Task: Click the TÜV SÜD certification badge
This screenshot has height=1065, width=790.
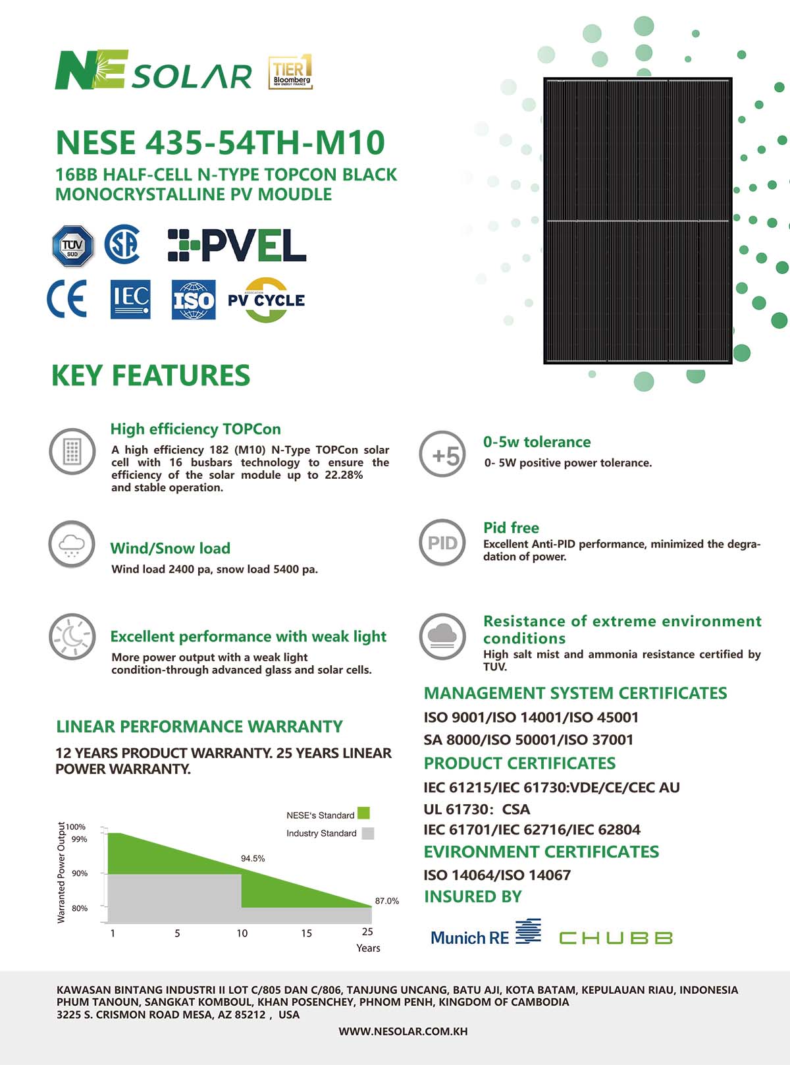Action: point(73,246)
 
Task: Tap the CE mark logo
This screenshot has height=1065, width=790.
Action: point(67,300)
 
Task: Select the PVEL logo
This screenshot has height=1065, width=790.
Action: point(237,245)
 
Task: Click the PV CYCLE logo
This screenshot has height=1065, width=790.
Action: point(266,300)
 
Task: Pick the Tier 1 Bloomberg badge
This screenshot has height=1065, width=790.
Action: point(290,72)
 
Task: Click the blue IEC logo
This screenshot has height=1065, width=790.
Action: point(130,300)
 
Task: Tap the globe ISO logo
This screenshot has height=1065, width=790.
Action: point(194,300)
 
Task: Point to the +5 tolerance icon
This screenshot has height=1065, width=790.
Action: point(442,454)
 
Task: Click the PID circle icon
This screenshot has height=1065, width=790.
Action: point(442,543)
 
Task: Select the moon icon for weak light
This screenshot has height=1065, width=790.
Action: point(72,636)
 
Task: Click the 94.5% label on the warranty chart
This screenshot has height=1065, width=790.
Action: point(253,858)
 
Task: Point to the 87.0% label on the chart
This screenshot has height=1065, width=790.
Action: point(387,900)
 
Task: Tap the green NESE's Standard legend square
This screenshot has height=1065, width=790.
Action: point(363,813)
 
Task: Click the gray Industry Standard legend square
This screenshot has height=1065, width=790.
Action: point(368,833)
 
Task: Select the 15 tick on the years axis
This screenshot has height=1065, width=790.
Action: point(307,933)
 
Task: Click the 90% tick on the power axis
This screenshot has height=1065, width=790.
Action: point(80,873)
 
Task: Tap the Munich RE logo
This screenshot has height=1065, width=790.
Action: point(486,935)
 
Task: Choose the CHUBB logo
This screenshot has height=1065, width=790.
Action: point(616,937)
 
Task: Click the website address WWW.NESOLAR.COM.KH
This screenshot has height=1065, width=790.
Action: point(403,1031)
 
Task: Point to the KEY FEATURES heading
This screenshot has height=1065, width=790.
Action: point(151,375)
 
